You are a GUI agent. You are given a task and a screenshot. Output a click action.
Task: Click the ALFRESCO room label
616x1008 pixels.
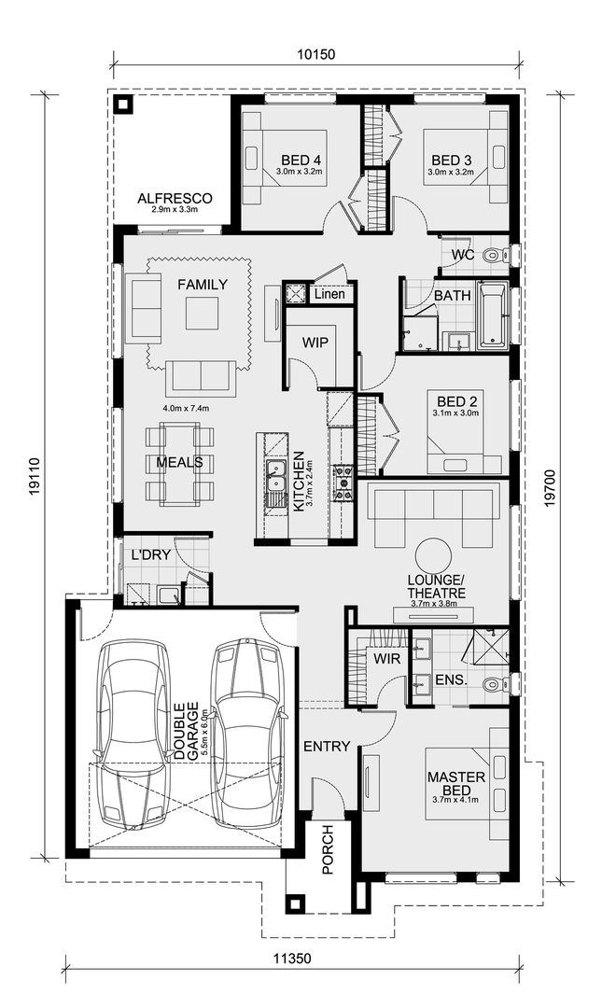point(175,199)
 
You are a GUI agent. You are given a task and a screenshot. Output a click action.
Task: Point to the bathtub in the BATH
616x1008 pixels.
point(493,316)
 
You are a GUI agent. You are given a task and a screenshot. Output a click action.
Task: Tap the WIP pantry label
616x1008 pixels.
point(315,343)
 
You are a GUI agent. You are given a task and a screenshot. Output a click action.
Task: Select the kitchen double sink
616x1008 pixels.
point(275,484)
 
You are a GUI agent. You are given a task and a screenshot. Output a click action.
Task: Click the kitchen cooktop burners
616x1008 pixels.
point(343,484)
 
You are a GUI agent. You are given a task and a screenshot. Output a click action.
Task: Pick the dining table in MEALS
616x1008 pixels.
point(178,464)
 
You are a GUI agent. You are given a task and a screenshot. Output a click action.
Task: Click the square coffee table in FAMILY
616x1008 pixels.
point(202,313)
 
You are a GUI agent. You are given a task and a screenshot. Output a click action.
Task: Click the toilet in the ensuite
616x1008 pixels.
point(493,685)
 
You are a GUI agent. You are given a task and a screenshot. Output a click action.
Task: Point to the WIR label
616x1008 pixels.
point(386,659)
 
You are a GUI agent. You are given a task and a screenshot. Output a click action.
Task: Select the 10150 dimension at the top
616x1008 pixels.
point(316,54)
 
